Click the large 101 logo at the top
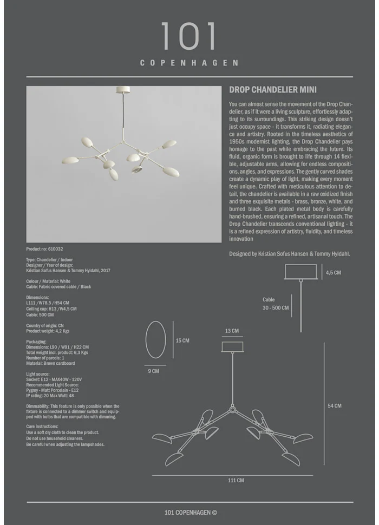point(189,37)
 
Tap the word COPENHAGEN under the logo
point(189,63)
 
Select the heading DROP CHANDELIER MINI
point(273,90)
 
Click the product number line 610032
point(45,249)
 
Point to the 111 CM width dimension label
point(236,480)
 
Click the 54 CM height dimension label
point(335,406)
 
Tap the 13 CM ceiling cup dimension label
point(232,331)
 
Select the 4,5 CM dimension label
point(334,273)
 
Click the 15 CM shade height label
point(182,340)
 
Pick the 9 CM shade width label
point(153,371)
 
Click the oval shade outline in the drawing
point(156,339)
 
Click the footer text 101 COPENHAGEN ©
point(191,513)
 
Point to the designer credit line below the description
point(289,253)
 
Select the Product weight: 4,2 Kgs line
point(48,331)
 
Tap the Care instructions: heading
point(47,427)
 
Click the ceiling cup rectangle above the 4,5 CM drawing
point(300,272)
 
